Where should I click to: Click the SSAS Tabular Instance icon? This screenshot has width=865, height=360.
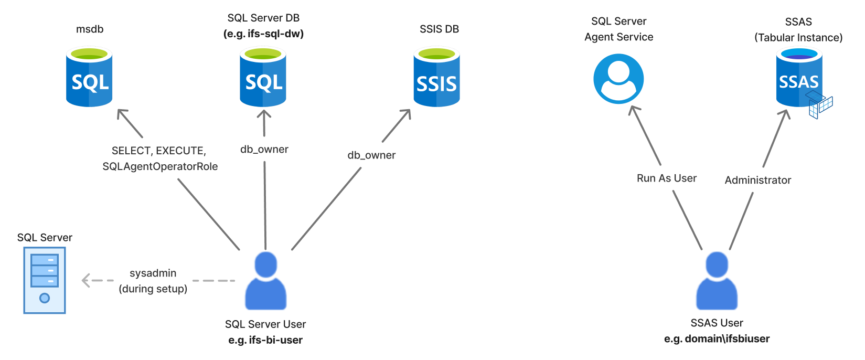(799, 79)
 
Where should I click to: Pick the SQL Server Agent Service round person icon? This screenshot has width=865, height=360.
(618, 79)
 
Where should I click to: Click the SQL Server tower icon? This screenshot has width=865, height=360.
(45, 280)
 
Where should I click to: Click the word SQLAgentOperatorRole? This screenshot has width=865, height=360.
(160, 166)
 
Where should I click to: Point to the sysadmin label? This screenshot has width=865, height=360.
(153, 273)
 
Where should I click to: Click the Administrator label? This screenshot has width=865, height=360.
(757, 180)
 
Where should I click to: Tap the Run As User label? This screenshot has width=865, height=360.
(666, 178)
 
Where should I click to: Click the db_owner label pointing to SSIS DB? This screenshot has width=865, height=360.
(371, 155)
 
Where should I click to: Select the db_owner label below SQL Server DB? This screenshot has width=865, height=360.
(264, 149)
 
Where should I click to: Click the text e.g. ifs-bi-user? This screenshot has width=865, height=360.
(265, 340)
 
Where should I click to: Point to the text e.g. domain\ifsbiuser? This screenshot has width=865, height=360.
(717, 338)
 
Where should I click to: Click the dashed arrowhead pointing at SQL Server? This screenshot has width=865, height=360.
(86, 280)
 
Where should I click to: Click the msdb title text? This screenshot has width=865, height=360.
(90, 29)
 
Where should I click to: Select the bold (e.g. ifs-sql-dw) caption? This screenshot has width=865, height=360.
(263, 34)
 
